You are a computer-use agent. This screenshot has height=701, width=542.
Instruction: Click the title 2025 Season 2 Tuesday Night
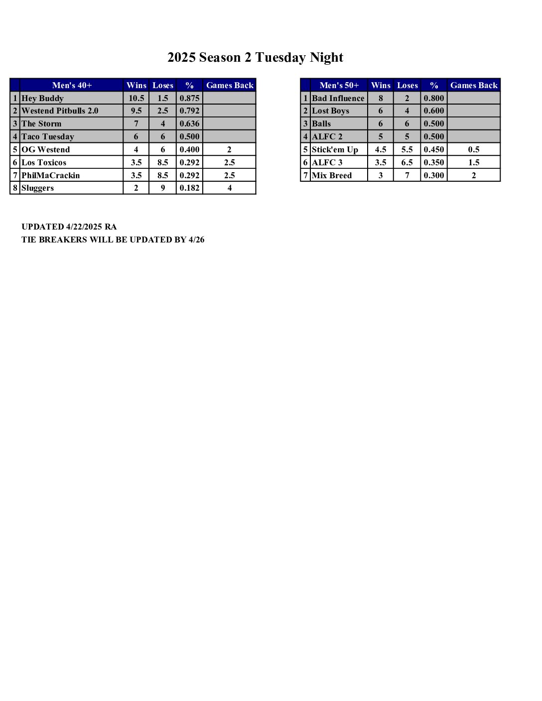(255, 58)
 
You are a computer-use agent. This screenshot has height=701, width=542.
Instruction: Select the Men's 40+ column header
(72, 85)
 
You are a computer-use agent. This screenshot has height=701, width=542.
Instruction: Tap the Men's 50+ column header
(339, 85)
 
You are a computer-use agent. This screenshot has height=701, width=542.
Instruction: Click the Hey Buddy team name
(43, 98)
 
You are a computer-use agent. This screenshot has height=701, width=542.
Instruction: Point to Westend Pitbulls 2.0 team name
(60, 111)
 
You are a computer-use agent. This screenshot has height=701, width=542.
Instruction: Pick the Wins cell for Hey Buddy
(136, 98)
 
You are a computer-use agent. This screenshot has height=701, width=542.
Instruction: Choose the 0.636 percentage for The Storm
(189, 123)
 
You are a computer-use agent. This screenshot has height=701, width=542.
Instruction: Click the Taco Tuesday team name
(48, 136)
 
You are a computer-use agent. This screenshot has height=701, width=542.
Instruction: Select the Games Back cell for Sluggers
(229, 188)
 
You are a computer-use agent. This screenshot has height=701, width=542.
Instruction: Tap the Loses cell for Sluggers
(162, 188)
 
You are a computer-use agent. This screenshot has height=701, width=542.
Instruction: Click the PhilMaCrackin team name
(51, 175)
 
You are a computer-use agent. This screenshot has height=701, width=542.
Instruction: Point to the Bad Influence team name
(338, 98)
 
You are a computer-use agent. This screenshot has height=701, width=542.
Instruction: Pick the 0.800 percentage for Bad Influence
(433, 98)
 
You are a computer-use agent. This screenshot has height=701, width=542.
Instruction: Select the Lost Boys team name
(330, 111)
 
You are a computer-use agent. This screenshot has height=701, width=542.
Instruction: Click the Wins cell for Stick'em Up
(381, 149)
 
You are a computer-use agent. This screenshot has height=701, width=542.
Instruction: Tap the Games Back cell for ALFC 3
(473, 162)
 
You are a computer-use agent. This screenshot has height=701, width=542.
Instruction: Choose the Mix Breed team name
(332, 175)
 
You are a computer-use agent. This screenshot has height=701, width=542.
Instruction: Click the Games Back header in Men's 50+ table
(473, 85)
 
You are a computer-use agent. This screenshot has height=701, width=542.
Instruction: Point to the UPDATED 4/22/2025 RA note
(69, 227)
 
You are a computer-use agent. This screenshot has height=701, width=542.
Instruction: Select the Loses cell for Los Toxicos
(162, 162)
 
